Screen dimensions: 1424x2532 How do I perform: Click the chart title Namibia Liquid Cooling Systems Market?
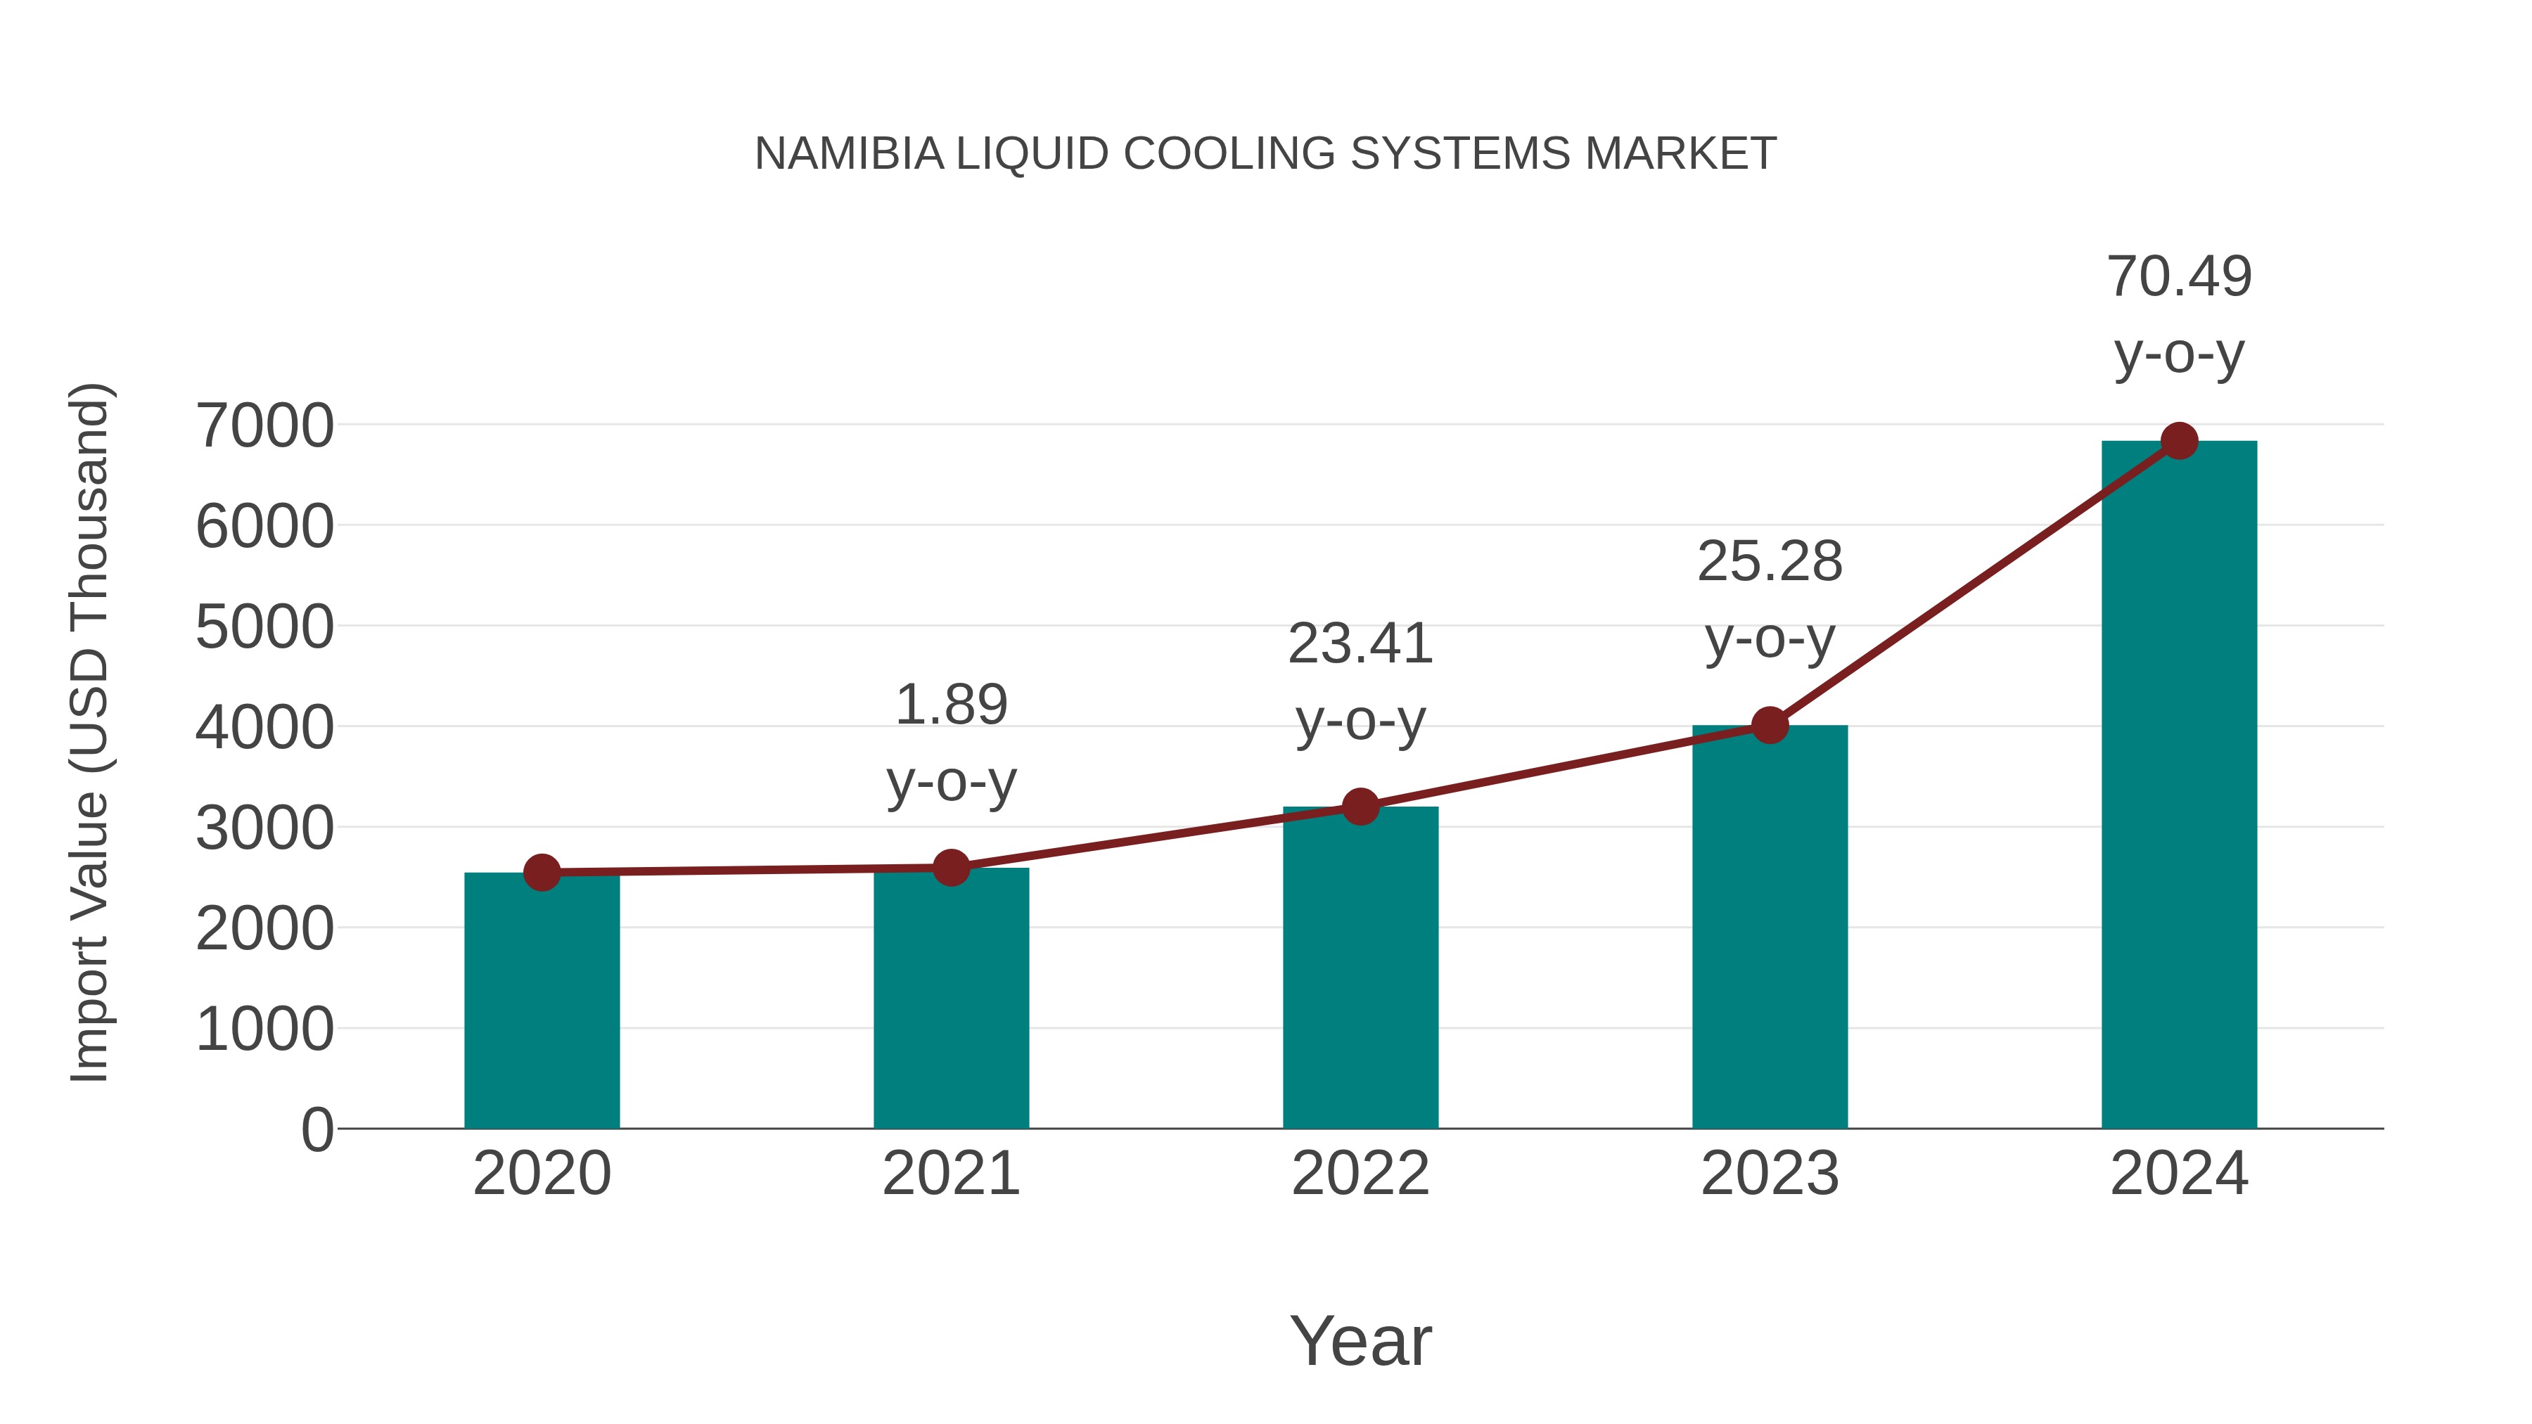click(x=1265, y=154)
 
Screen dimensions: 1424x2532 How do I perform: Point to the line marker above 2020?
click(x=542, y=872)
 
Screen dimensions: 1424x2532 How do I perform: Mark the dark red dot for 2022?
click(x=1360, y=807)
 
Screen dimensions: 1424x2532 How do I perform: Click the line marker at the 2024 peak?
click(x=2179, y=441)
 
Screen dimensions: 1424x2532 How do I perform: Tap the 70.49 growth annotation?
click(x=2179, y=276)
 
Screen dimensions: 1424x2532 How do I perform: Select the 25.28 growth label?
click(x=1770, y=562)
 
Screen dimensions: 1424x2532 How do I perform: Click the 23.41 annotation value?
click(x=1360, y=645)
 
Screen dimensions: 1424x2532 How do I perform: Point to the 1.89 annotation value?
click(x=950, y=705)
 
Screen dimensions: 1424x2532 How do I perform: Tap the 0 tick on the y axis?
click(x=317, y=1129)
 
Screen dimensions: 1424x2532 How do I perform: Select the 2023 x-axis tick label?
click(x=1770, y=1174)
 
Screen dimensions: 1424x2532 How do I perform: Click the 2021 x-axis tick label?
click(x=950, y=1174)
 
